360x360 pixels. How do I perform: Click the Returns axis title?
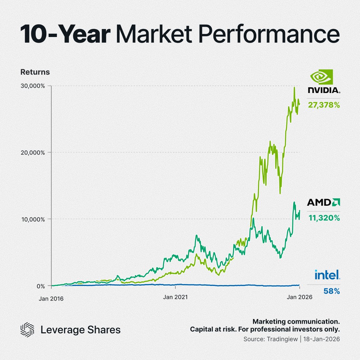coord(35,72)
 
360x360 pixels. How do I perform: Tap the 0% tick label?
coord(40,286)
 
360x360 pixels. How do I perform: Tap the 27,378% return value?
coord(324,105)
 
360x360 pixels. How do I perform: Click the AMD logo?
coord(323,202)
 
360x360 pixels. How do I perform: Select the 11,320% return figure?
coord(324,218)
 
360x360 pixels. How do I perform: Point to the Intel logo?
coord(327,275)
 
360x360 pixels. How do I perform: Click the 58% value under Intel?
coord(332,291)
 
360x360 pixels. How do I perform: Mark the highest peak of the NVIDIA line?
coord(294,87)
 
